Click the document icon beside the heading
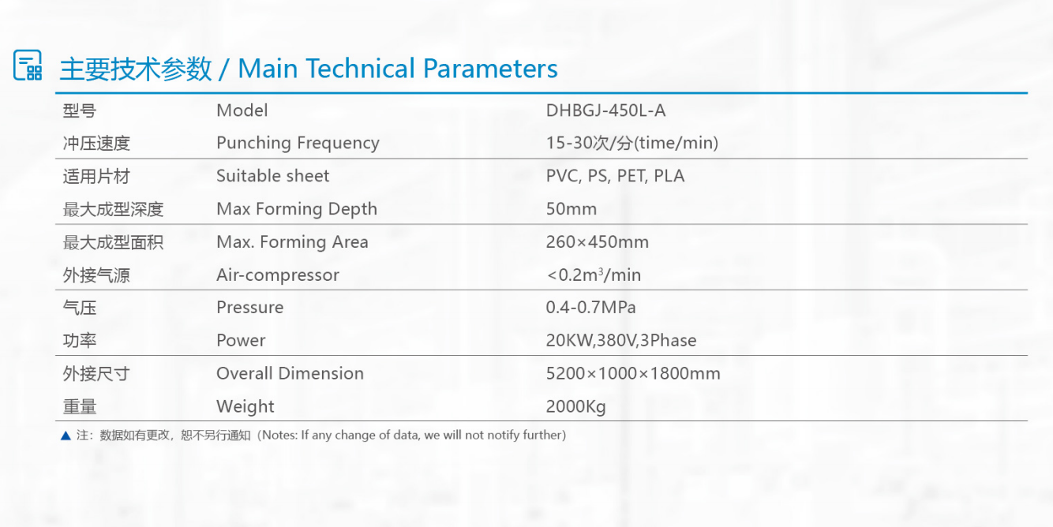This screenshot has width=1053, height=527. [x=28, y=65]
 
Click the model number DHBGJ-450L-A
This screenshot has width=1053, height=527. [x=605, y=110]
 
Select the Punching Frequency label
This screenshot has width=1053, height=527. [x=298, y=143]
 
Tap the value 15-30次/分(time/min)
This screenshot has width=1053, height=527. [x=631, y=143]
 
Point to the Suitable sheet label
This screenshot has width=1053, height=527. [x=272, y=176]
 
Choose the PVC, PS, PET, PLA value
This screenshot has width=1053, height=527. [x=615, y=176]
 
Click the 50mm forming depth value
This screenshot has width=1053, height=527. [x=571, y=208]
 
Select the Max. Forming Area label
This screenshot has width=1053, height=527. [x=292, y=242]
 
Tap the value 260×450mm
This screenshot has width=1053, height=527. [x=597, y=242]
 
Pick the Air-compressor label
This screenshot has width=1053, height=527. [x=277, y=275]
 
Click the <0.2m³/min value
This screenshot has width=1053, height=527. [x=594, y=275]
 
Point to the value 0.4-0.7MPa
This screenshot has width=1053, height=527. [x=590, y=307]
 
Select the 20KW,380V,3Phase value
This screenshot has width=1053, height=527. [x=621, y=341]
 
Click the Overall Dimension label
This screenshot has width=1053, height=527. [x=290, y=373]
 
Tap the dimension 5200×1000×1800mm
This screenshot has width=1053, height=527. [x=633, y=373]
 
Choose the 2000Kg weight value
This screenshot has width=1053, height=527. [x=575, y=406]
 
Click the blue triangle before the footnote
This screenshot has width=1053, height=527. [x=66, y=435]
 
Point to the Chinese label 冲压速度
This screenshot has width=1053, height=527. [x=96, y=144]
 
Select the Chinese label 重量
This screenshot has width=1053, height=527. [x=80, y=407]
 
